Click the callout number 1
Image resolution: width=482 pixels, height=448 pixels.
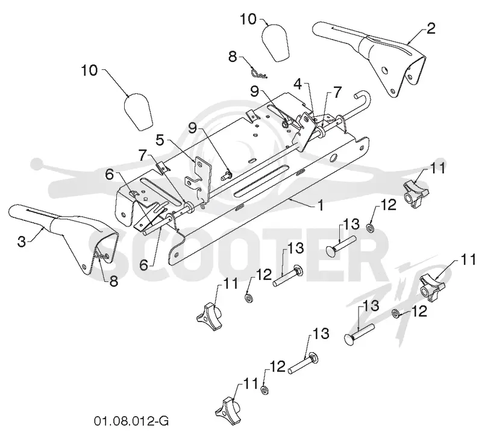pos(321,205)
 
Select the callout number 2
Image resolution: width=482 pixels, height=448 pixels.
pos(431,28)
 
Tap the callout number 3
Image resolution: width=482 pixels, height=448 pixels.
pos(22,241)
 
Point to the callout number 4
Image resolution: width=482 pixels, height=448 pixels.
pos(298,84)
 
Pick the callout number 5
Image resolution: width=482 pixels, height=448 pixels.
pos(160,140)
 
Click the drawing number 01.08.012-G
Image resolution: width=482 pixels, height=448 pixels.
pos(131,421)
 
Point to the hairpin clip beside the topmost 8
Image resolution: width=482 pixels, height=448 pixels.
pos(257,73)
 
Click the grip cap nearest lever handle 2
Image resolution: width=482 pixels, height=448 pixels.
pos(275,43)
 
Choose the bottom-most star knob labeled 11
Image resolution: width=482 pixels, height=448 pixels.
pos(230,410)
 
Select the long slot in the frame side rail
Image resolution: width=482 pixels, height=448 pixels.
pos(262,181)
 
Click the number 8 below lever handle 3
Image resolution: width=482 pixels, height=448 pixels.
pos(114,281)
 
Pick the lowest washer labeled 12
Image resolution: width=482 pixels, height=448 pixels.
pos(264,390)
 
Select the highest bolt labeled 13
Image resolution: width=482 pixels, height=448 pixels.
pos(341,245)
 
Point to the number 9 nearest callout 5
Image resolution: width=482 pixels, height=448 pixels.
pos(192,128)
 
